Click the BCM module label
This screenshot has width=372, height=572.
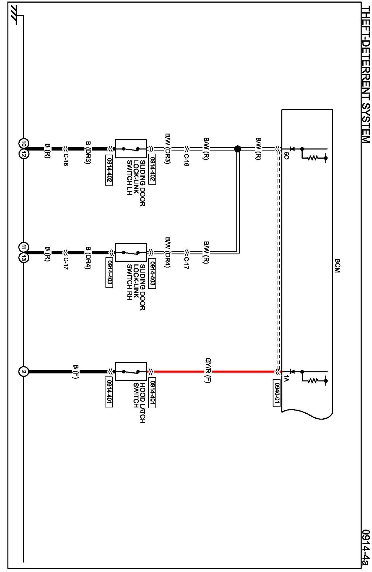[337, 266]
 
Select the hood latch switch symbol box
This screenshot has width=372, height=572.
[131, 372]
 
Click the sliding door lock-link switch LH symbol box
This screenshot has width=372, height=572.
[131, 149]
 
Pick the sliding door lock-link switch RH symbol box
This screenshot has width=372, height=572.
[131, 252]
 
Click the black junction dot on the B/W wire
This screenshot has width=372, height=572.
[238, 149]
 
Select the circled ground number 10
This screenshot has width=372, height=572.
[23, 143]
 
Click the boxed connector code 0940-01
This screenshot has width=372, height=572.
[276, 393]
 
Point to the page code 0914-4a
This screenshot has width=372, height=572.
[366, 549]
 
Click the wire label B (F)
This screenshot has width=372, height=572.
[76, 372]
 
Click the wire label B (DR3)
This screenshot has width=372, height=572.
[88, 153]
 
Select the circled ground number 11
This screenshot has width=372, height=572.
[23, 247]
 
